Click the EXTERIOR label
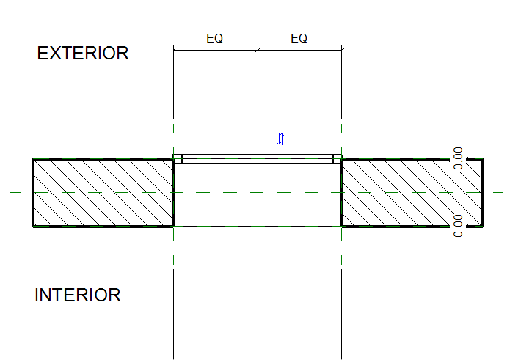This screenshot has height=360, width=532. click(83, 54)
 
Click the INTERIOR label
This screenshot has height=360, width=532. click(78, 296)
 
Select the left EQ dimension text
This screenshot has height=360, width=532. click(214, 39)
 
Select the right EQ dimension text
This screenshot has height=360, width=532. click(299, 39)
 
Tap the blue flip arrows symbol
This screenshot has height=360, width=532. click(280, 139)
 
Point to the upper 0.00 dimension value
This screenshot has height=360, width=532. click(459, 158)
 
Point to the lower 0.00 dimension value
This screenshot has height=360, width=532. click(459, 226)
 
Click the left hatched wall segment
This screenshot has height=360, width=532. click(103, 192)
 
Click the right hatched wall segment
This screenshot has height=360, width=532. click(412, 192)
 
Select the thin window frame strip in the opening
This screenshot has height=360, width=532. click(258, 158)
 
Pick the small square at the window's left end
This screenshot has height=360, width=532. click(178, 158)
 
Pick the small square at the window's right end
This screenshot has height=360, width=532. click(338, 158)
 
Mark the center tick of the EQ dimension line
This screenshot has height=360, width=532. click(258, 50)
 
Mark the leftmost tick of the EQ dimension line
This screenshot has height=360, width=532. click(173, 50)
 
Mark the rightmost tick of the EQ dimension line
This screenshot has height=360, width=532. click(342, 50)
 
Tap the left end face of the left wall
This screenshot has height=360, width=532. click(33, 192)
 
